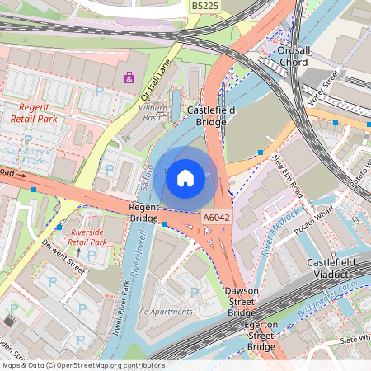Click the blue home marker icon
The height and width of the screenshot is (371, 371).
click(185, 177)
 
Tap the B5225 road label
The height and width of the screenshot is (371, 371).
click(205, 6)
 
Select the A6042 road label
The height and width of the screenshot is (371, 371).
click(216, 217)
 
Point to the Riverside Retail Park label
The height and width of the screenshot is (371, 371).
click(88, 237)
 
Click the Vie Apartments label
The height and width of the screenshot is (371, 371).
click(164, 312)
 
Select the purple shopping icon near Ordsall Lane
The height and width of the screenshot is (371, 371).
click(129, 78)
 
